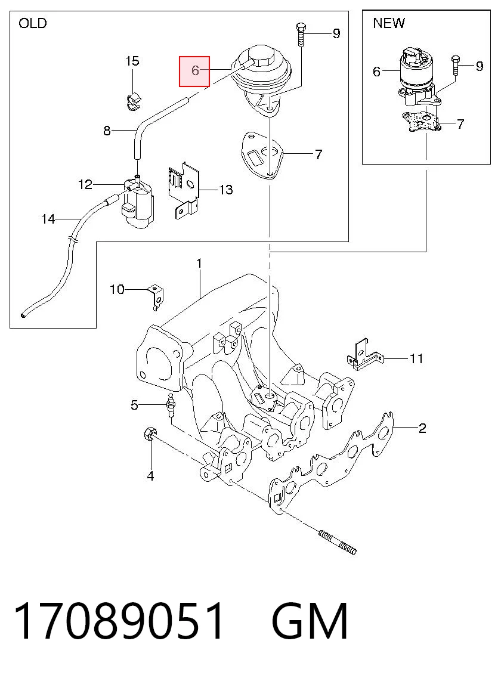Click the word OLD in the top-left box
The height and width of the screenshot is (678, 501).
pos(32,23)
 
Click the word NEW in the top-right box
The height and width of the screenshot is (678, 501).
pos(388,23)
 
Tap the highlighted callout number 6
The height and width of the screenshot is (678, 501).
pos(194,70)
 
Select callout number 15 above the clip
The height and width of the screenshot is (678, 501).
pos(132,61)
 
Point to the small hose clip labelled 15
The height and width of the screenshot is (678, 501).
pos(134,101)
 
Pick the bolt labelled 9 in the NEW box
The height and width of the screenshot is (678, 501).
pos(455,66)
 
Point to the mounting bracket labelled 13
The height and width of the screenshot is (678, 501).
pos(183,190)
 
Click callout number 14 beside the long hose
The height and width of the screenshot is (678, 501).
pos(48,219)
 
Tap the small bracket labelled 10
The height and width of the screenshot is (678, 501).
pos(156,296)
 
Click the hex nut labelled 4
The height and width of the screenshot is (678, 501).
pos(149,434)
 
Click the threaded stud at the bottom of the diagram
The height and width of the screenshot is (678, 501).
pos(338,541)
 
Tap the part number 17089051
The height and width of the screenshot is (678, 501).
pos(119,621)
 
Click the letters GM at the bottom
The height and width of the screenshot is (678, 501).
pos(310,621)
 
